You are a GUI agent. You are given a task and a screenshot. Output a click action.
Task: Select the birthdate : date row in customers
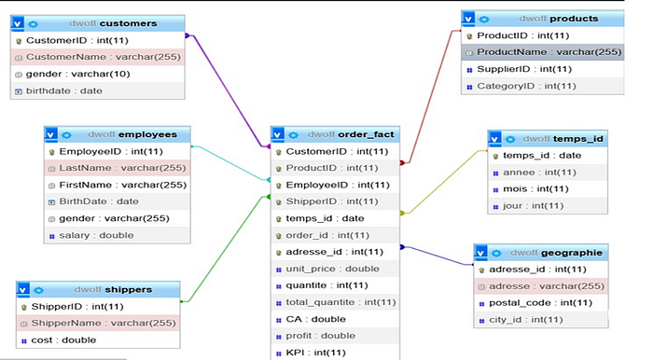coord(65,90)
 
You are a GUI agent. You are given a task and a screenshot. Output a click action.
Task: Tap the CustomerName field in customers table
coord(90,58)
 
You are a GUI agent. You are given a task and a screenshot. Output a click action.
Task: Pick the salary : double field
coord(94,235)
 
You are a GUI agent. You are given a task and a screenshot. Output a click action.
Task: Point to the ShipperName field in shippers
coord(104,324)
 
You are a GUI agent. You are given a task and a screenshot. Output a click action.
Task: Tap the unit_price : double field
coord(320,269)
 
